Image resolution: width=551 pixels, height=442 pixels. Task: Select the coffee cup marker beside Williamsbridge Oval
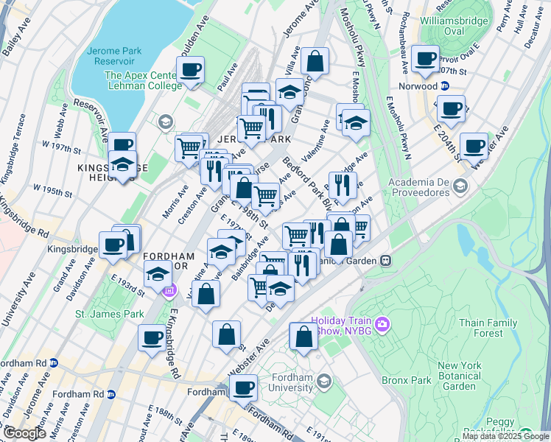(425, 59)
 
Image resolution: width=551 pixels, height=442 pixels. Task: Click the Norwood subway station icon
(444, 85)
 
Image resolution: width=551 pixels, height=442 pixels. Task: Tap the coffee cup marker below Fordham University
(242, 386)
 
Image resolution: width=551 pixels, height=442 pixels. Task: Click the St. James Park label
(109, 314)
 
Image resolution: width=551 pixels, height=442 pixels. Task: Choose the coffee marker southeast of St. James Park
(152, 337)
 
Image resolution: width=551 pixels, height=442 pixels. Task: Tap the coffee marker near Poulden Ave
(190, 69)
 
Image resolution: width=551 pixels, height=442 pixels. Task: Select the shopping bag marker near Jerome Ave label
(315, 62)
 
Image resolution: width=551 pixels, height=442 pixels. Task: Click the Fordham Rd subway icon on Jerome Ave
(110, 393)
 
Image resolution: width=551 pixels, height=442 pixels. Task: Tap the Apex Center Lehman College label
(143, 80)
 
